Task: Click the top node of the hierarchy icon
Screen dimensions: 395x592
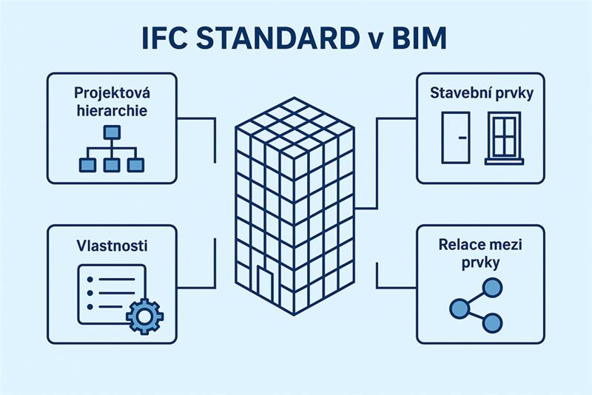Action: coord(111,133)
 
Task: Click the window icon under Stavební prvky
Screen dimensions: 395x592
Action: coord(505,137)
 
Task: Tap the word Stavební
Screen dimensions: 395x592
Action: coord(457,94)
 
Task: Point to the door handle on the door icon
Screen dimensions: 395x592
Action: coord(462,138)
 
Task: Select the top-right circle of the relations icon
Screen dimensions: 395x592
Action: coord(493,287)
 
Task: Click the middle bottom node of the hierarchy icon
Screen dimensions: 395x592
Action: coord(111,165)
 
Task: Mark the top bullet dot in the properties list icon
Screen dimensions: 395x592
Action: coord(90,280)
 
